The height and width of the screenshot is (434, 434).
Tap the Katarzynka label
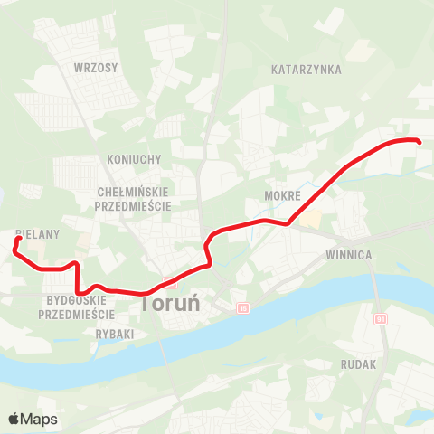305,69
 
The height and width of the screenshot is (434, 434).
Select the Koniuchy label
134,159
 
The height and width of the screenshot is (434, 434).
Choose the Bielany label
37,233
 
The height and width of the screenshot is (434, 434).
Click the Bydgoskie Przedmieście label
77,307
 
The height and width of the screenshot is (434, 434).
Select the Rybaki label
115,334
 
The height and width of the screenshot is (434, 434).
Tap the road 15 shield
242,308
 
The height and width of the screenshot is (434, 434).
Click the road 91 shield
381,319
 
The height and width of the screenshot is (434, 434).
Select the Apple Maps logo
33,419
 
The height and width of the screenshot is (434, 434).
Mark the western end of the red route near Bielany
18,239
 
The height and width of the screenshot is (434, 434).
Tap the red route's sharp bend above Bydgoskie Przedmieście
77,264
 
